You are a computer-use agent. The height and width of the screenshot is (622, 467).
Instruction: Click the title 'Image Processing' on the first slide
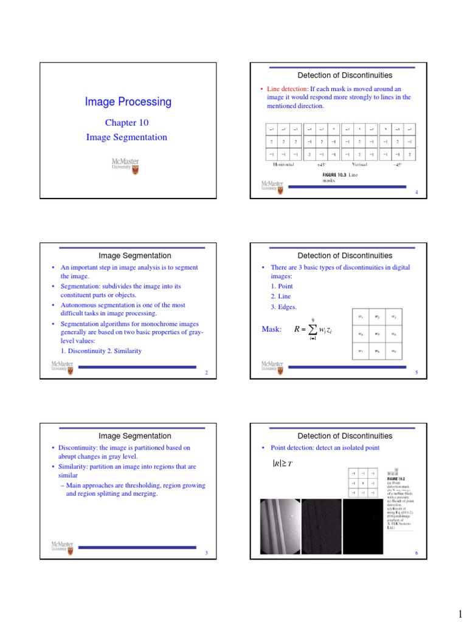(x=128, y=102)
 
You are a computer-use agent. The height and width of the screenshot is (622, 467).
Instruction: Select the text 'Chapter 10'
(x=126, y=123)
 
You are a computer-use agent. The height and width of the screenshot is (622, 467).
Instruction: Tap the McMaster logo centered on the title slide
(x=126, y=165)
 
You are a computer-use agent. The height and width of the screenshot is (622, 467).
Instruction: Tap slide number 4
(x=417, y=193)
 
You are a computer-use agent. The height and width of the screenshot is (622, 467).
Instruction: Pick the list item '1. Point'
(x=282, y=285)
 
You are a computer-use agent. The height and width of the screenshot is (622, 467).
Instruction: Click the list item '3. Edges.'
(x=284, y=307)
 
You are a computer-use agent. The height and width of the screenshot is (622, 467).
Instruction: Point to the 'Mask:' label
(x=271, y=329)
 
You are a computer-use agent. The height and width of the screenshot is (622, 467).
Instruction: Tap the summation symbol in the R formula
(x=313, y=330)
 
